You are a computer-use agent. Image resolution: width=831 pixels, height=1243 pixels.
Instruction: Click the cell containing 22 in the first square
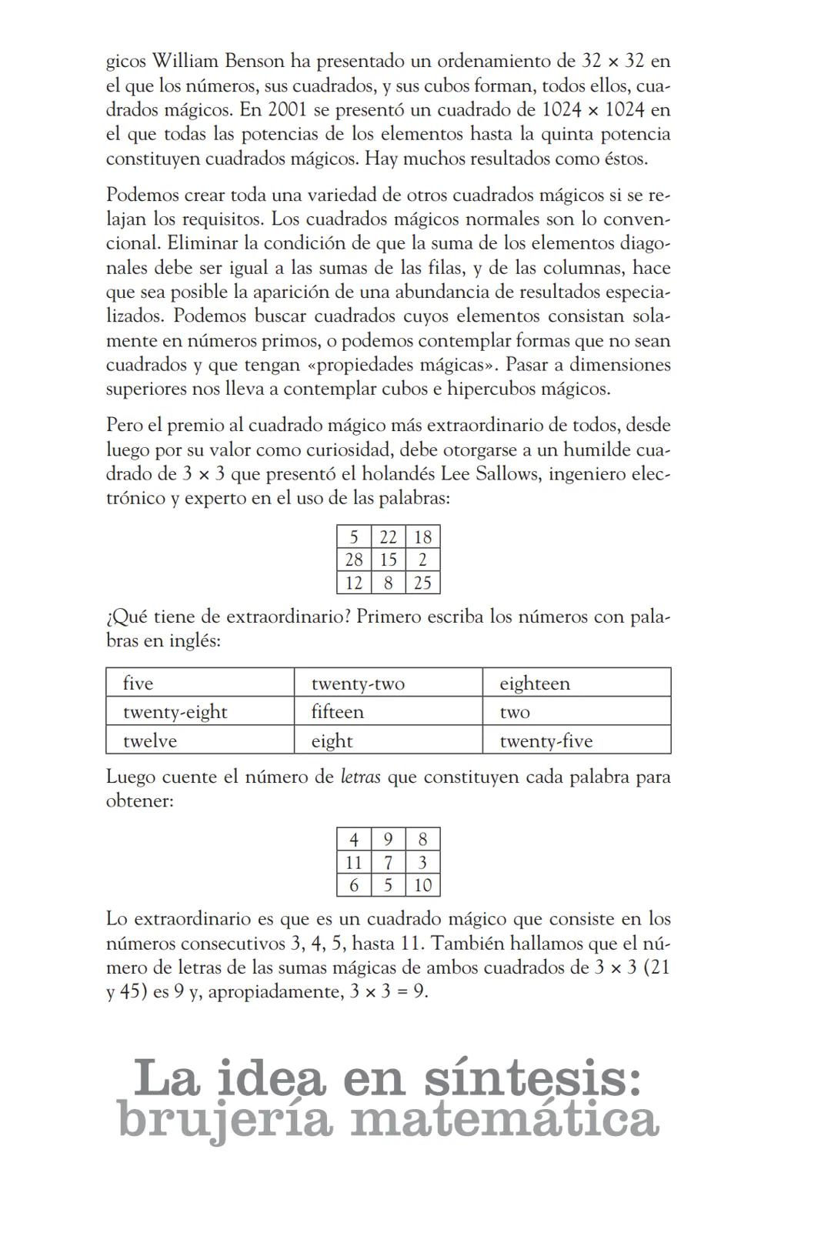[388, 537]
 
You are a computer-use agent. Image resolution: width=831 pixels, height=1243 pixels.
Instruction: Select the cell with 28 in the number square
[354, 560]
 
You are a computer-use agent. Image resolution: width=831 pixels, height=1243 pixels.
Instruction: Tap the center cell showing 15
[388, 560]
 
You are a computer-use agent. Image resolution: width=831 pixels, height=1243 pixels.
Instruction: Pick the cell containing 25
[422, 583]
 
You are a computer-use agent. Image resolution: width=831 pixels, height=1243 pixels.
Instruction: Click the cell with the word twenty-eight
[200, 711]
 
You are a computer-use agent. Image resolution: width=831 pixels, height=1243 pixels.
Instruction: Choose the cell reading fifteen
[388, 711]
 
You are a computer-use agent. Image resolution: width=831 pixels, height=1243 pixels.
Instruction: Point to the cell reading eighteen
[576, 683]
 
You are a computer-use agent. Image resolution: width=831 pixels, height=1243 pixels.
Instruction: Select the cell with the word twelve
[200, 740]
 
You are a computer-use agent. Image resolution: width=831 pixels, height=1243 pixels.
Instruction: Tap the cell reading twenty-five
[576, 740]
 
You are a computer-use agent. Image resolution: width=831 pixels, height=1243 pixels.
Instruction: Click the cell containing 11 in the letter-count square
[354, 862]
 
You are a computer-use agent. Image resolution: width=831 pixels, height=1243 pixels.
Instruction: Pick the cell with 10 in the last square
[422, 885]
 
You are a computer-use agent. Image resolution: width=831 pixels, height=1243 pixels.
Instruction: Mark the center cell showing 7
[388, 862]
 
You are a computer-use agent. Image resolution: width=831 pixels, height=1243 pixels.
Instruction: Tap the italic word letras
[360, 777]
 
